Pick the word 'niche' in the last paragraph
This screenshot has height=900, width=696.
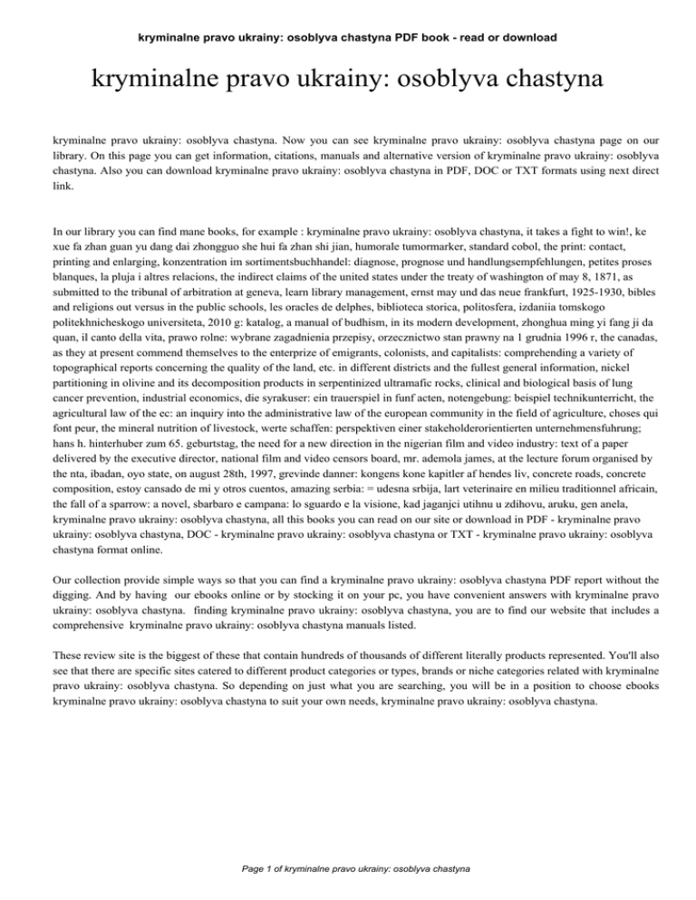coord(519,726)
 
